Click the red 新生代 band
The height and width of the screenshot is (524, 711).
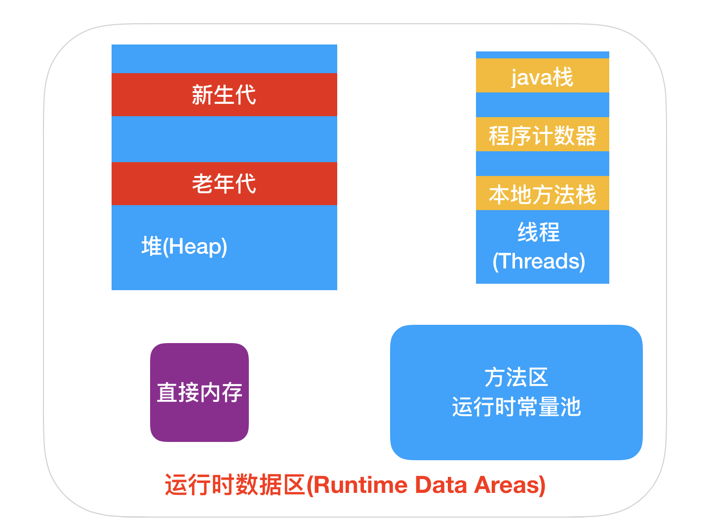click(x=224, y=95)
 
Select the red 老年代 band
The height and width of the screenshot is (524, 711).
click(x=224, y=183)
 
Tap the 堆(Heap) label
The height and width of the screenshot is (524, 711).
click(x=184, y=246)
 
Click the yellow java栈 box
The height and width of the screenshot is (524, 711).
click(x=542, y=76)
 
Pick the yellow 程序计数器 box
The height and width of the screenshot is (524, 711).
click(x=542, y=134)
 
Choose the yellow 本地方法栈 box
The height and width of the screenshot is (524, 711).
click(x=542, y=193)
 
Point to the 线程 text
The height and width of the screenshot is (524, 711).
click(x=539, y=232)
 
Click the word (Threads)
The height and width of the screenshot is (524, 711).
click(x=539, y=261)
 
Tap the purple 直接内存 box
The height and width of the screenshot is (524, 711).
click(x=199, y=393)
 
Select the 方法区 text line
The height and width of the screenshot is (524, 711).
click(x=516, y=377)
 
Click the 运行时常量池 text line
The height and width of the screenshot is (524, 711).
click(x=516, y=407)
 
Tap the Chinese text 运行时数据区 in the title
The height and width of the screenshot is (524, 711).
click(x=235, y=485)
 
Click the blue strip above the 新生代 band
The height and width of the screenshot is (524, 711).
click(x=224, y=59)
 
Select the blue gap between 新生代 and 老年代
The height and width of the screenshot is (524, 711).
click(x=224, y=139)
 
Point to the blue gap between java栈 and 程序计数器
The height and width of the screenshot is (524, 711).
click(x=542, y=105)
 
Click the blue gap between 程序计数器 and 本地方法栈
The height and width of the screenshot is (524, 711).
click(x=542, y=164)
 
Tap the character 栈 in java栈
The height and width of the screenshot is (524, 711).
click(x=563, y=77)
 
